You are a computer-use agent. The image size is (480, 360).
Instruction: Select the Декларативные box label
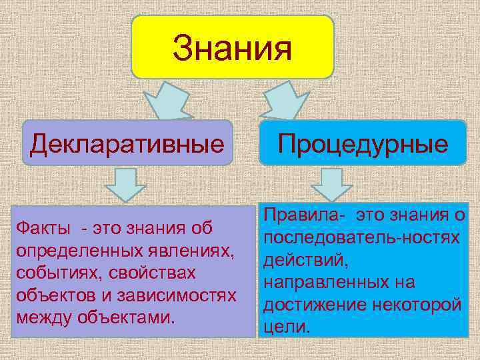[x=127, y=143]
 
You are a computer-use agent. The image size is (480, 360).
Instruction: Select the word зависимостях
[x=179, y=295]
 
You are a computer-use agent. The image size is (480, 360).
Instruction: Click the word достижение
[x=314, y=305]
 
